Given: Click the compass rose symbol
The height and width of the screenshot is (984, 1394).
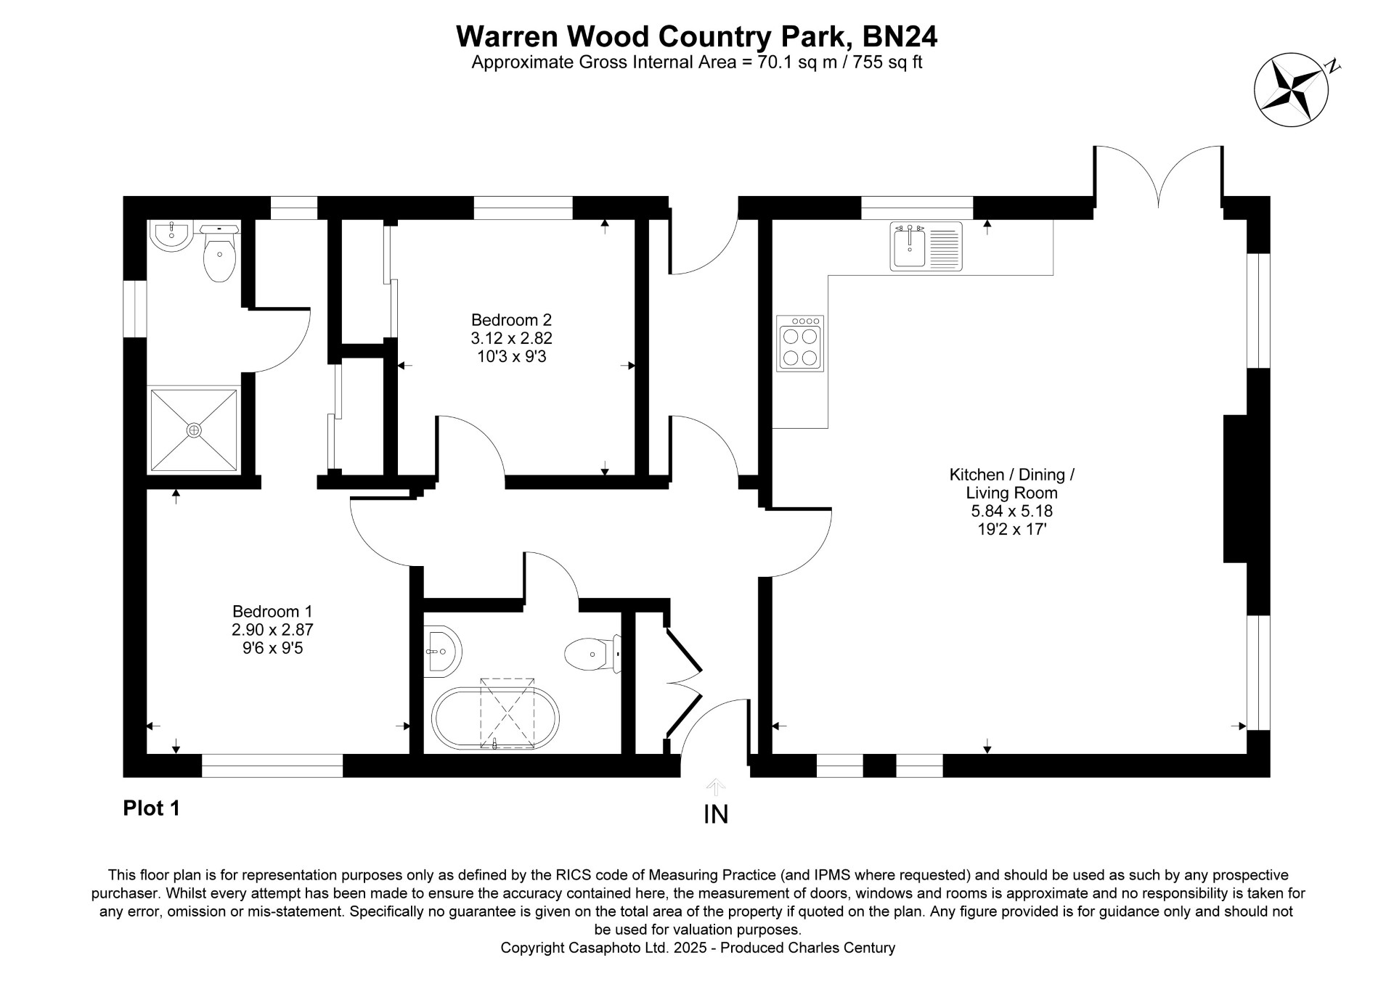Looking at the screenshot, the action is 1292,90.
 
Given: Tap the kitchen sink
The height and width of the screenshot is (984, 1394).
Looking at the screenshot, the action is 926,247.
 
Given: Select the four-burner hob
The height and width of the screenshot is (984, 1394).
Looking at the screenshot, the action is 800,343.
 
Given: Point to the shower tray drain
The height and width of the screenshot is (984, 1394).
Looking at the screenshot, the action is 194,430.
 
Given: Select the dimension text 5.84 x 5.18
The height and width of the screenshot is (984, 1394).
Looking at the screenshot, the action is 1011,511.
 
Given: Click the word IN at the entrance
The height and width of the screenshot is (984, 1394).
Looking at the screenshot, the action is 716,814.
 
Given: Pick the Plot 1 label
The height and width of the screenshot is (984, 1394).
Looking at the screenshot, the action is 151,808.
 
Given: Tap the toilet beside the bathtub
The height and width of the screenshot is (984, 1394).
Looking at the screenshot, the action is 592,654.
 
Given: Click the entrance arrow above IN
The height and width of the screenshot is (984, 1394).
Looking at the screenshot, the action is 716,787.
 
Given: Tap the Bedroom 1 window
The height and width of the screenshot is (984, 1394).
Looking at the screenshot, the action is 272,766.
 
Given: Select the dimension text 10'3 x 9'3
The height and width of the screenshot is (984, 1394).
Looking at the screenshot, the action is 511,356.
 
